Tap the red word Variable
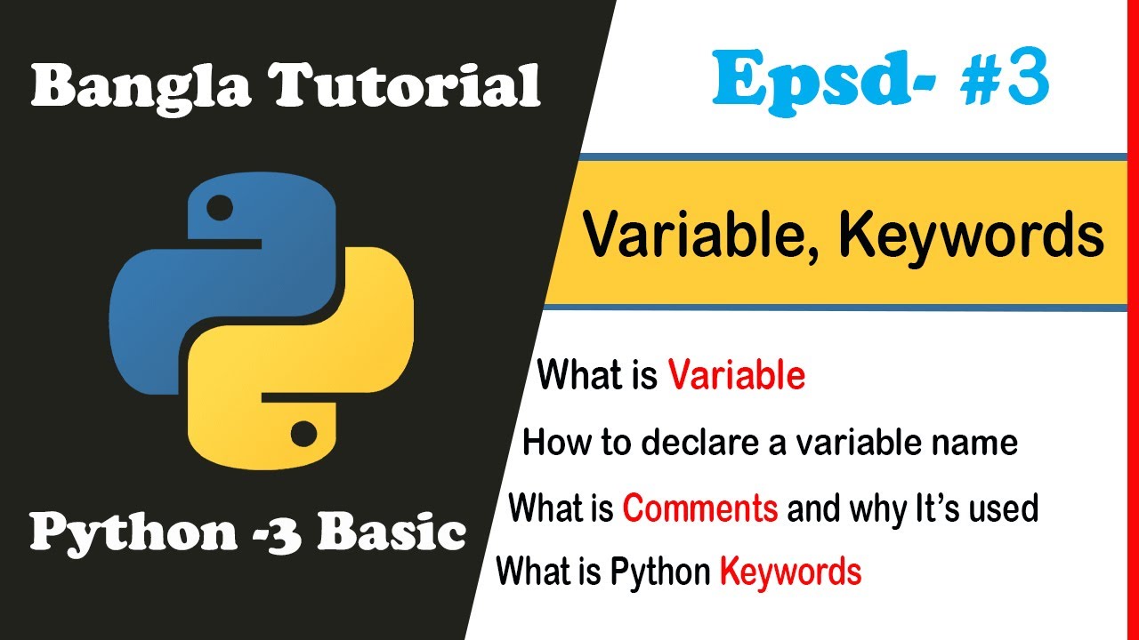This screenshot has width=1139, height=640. (737, 376)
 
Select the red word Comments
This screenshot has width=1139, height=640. (700, 509)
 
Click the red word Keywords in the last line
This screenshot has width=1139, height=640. (790, 572)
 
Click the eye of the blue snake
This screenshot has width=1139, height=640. (219, 209)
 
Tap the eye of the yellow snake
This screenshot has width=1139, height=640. (303, 433)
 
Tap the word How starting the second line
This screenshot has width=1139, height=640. (551, 442)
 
